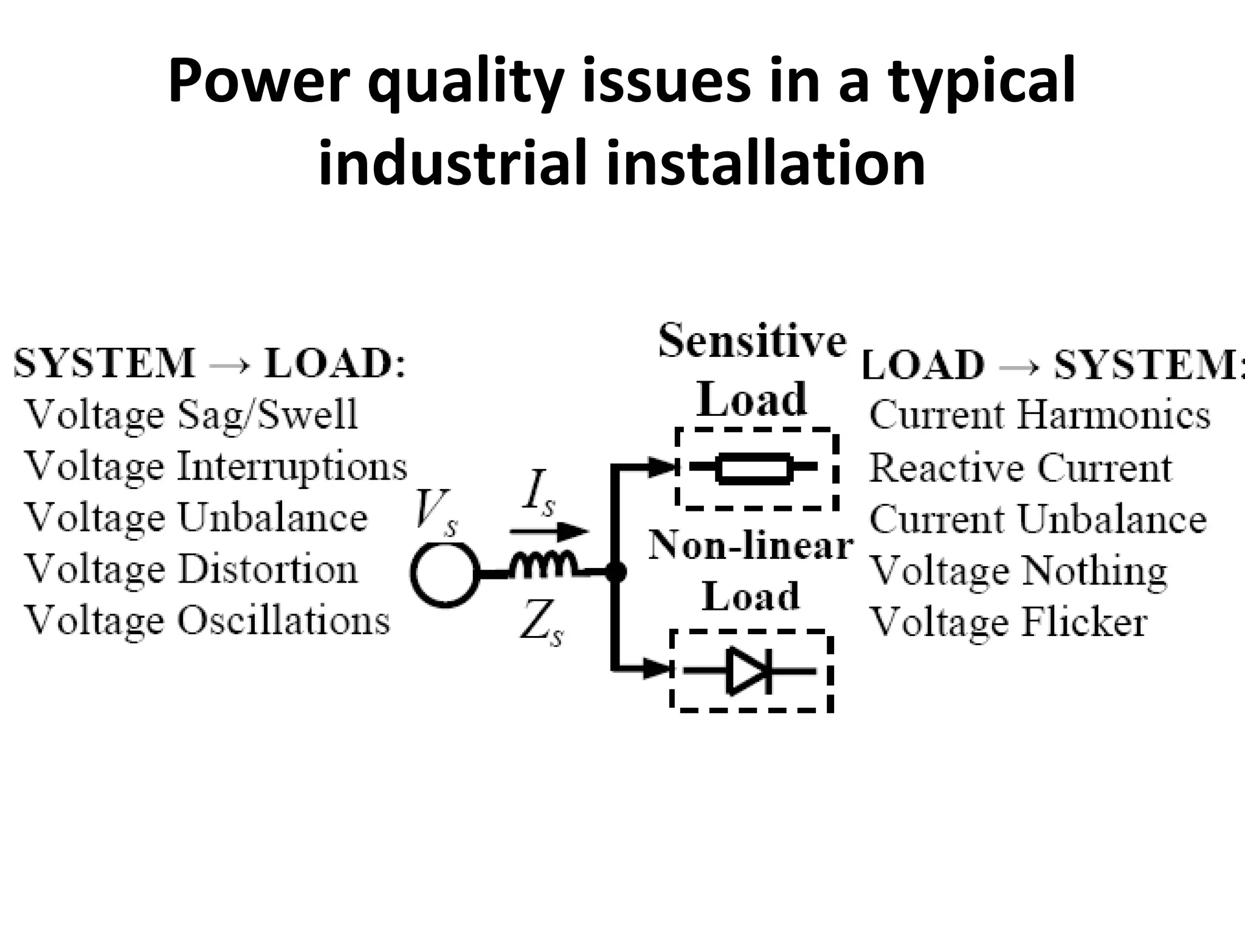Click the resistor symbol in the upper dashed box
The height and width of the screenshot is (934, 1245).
click(754, 468)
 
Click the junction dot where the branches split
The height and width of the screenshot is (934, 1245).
click(616, 572)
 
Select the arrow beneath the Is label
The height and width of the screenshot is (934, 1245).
click(548, 531)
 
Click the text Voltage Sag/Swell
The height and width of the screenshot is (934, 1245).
click(191, 415)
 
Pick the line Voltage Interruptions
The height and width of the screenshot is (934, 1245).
click(216, 467)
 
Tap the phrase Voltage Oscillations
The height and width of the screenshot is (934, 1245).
click(207, 621)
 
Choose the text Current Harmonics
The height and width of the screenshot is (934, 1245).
click(1040, 415)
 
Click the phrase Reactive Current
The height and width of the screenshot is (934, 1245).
click(1020, 468)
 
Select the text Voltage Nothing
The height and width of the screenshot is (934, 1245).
click(1018, 571)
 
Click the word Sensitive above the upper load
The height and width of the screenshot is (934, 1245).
click(753, 341)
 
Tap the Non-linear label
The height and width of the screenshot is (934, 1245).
click(751, 545)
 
